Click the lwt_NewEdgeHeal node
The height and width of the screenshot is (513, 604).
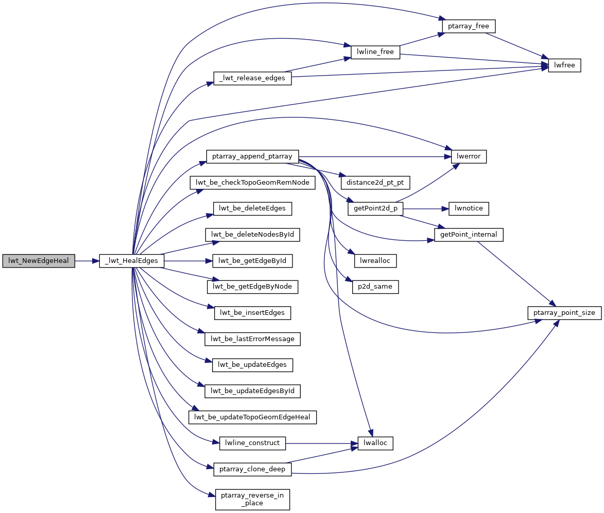[x=39, y=261]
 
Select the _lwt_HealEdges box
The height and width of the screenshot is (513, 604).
[x=132, y=261]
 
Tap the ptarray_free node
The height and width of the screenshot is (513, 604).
[x=469, y=26]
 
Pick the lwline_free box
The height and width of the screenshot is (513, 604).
[x=375, y=52]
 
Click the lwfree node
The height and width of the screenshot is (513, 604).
[x=564, y=65]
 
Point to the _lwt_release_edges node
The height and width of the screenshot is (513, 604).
[x=253, y=79]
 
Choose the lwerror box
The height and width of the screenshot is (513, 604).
[x=469, y=156]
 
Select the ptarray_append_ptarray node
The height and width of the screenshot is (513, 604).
[x=252, y=156]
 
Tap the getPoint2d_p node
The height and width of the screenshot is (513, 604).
[x=375, y=209]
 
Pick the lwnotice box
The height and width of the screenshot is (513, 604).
[x=469, y=209]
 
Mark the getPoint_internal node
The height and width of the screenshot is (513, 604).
[x=469, y=235]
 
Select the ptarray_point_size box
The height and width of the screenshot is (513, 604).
[x=564, y=313]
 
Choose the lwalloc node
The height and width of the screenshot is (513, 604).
[x=375, y=443]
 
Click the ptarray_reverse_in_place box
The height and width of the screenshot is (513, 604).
[x=252, y=499]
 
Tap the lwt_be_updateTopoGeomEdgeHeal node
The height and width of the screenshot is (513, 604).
[x=252, y=417]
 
